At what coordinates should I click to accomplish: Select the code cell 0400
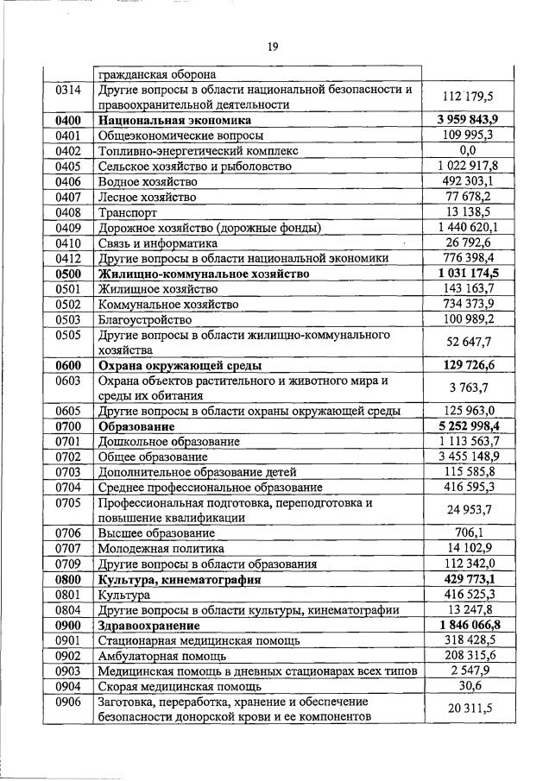[66, 120]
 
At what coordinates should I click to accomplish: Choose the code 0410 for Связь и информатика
[66, 243]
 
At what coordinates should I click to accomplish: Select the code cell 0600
[66, 366]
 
